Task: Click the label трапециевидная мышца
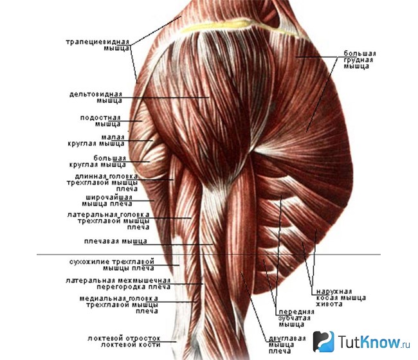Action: [98, 45]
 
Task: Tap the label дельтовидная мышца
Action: [96, 97]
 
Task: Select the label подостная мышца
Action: [100, 121]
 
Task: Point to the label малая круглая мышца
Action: [96, 140]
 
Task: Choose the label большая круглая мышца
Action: [98, 161]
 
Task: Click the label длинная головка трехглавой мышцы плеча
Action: [102, 183]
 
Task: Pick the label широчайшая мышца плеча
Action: [107, 201]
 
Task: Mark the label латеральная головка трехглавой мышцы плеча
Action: [108, 221]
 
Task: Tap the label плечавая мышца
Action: [115, 242]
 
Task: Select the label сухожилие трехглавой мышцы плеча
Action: [112, 265]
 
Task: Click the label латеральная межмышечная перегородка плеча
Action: [118, 283]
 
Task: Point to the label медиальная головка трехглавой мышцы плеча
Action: [119, 305]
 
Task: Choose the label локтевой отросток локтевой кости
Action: [124, 341]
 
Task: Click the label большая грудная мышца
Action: [359, 60]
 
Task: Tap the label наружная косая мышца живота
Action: [341, 298]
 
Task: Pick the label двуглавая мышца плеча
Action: [287, 345]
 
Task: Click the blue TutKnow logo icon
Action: [323, 341]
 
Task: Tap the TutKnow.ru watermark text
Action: [374, 342]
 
